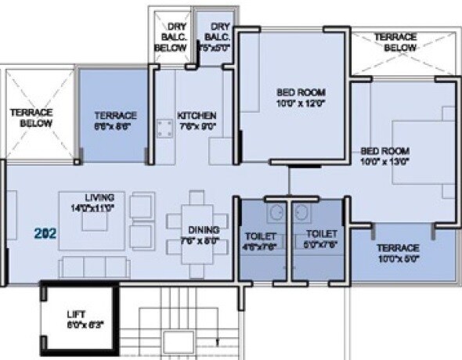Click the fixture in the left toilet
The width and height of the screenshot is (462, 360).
276,211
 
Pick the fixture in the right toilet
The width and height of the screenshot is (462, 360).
301,211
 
